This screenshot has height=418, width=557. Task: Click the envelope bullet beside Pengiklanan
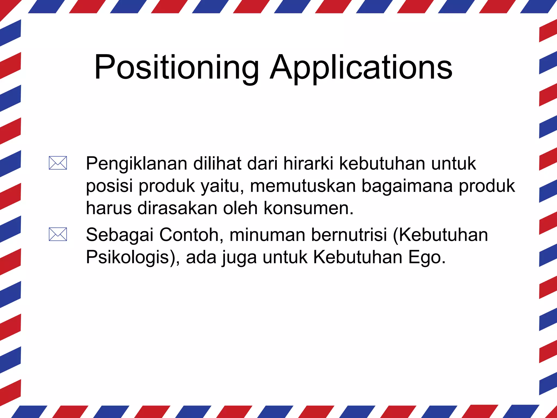pyautogui.click(x=58, y=163)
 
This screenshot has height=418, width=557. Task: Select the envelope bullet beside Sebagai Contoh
pyautogui.click(x=58, y=234)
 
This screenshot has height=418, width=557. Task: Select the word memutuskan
pyautogui.click(x=303, y=186)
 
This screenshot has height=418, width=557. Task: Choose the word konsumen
pyautogui.click(x=308, y=208)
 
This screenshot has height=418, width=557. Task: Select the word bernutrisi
pyautogui.click(x=349, y=235)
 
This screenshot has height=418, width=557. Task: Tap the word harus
pyautogui.click(x=109, y=208)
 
